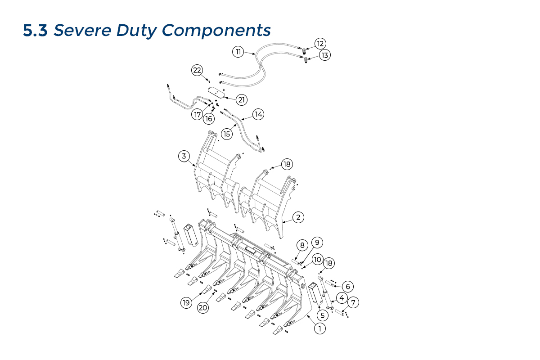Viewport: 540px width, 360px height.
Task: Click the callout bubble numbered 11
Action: point(238,52)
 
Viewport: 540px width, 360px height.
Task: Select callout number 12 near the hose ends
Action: point(320,44)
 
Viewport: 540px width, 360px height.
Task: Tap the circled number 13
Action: point(324,55)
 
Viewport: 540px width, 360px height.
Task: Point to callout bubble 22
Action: point(197,70)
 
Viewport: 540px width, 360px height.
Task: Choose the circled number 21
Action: point(242,99)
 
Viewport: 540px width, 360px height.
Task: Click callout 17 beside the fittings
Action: point(197,115)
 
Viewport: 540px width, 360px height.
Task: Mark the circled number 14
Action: point(258,114)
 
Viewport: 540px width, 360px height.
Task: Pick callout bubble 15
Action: point(226,134)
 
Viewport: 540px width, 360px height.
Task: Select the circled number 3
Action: point(184,156)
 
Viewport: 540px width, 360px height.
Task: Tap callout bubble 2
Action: point(298,217)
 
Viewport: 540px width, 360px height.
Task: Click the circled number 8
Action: point(302,246)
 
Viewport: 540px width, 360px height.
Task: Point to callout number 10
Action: point(318,260)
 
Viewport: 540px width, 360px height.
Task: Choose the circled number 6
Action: point(347,286)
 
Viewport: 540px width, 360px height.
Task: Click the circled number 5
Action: point(322,315)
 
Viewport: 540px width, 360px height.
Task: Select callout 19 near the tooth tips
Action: point(186,303)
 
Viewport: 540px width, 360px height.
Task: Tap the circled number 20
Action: point(203,308)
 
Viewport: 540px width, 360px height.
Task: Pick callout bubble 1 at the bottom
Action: point(319,329)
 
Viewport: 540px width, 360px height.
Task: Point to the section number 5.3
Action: point(36,31)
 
